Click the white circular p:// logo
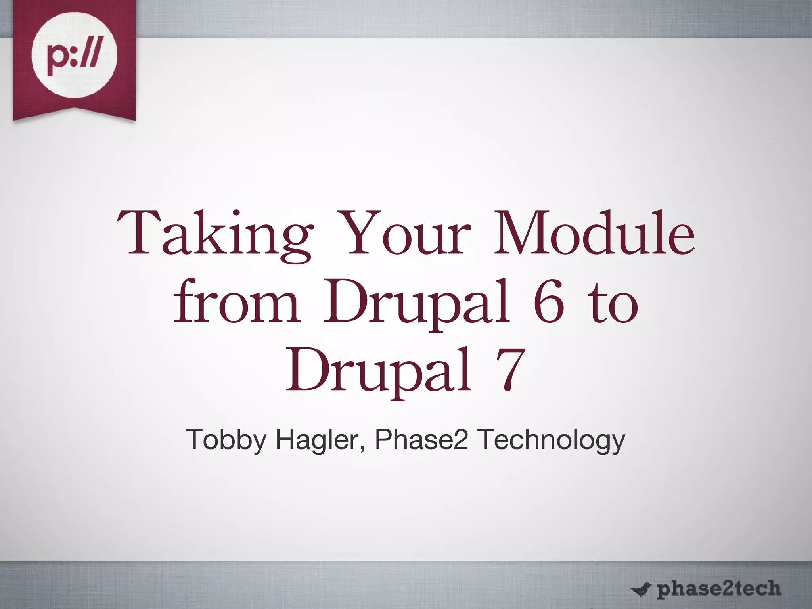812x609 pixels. pyautogui.click(x=74, y=59)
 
